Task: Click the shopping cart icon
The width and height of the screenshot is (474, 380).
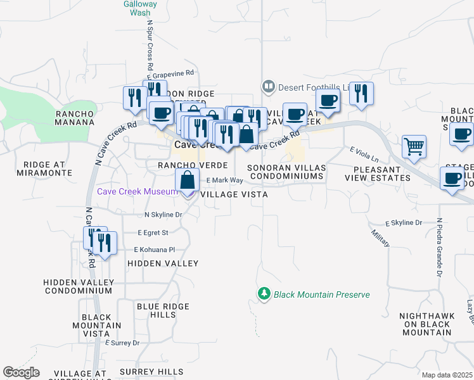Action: (x=414, y=146)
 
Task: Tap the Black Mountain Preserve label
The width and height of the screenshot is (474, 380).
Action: (x=321, y=294)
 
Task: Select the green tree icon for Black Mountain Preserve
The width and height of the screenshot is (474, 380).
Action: (x=264, y=294)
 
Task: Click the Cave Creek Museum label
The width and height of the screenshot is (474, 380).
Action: (x=136, y=191)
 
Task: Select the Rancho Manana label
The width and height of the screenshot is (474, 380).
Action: (x=75, y=118)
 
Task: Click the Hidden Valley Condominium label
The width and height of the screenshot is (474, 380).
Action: (x=77, y=286)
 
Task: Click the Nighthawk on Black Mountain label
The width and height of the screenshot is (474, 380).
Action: (x=425, y=324)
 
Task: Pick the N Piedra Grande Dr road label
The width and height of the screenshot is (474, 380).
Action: (x=437, y=248)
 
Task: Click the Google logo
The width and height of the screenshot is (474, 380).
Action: (x=21, y=372)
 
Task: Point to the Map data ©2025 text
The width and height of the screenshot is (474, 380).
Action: (x=446, y=375)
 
